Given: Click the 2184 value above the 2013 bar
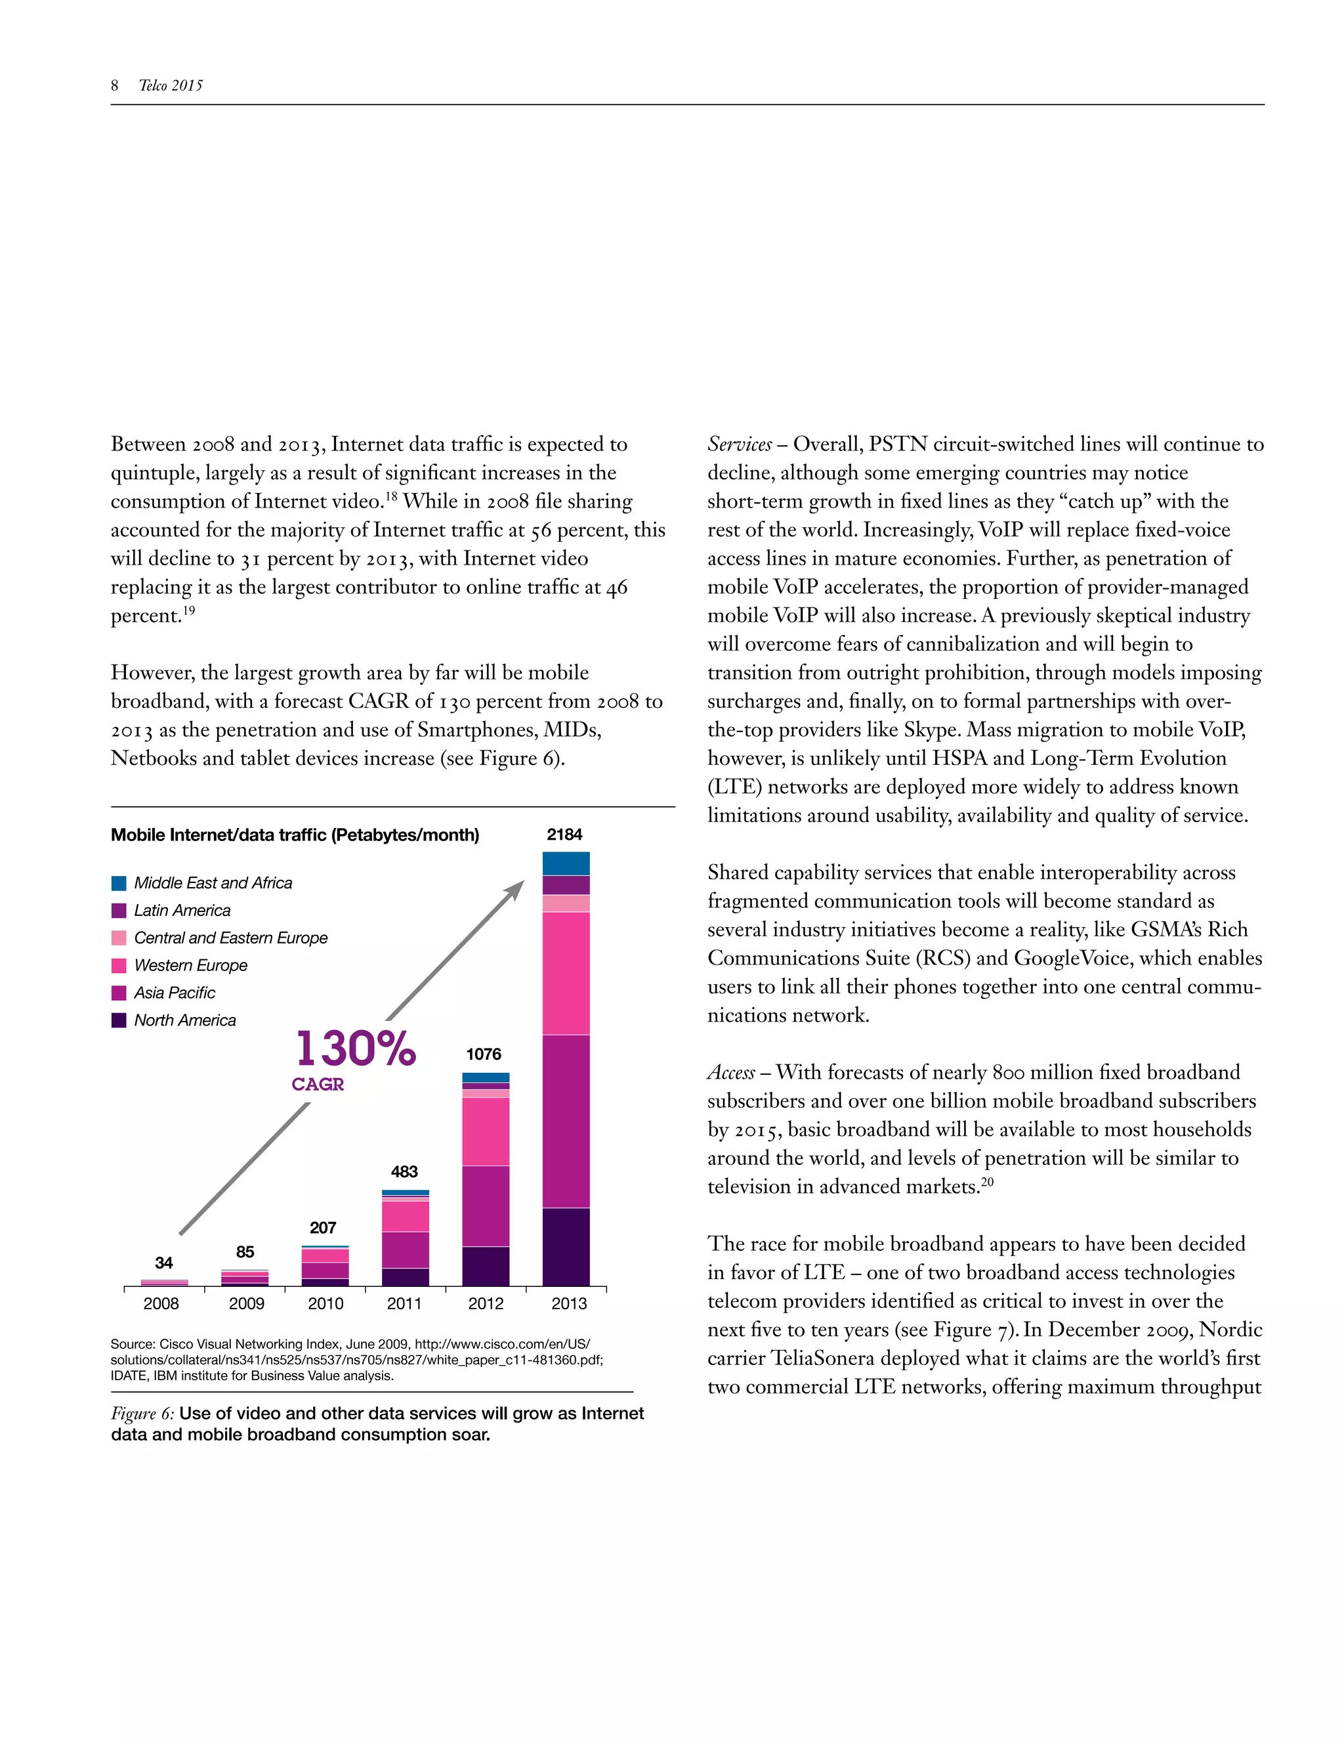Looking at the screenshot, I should tap(564, 834).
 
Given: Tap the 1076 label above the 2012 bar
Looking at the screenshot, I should tap(483, 1054).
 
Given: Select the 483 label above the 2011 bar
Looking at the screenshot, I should tap(404, 1171).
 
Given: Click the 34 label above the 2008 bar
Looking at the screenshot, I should tap(163, 1263).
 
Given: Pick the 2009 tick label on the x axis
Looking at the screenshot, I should tap(246, 1303).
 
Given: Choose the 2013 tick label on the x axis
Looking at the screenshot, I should tap(568, 1303).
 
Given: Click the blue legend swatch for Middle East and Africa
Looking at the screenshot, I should tap(119, 882).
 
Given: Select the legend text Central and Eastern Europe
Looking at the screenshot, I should tap(230, 938).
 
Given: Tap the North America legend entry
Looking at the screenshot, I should tap(184, 1020).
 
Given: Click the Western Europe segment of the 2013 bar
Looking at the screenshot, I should tap(566, 973).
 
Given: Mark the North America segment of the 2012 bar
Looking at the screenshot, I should tap(486, 1266).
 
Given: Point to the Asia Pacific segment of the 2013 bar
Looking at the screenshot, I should tap(566, 1121).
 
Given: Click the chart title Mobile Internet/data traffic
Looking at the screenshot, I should tap(295, 835).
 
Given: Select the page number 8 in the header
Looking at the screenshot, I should tap(115, 85).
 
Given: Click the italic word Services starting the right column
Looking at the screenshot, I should tap(740, 445).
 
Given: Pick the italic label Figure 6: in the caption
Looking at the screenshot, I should tap(142, 1414).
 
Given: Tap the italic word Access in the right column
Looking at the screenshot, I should tap(731, 1072).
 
